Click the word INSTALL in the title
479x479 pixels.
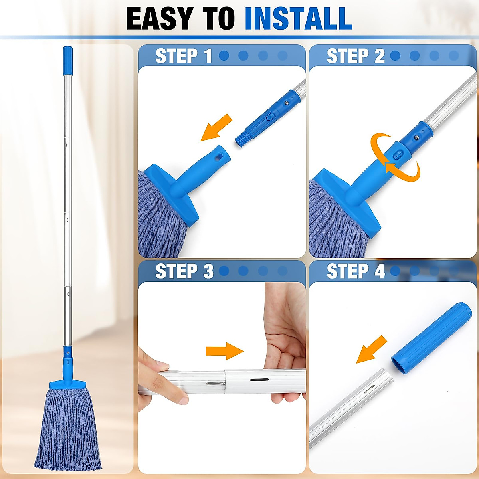click(x=298, y=18)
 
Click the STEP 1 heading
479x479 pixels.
click(x=183, y=56)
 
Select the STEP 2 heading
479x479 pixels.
click(x=355, y=56)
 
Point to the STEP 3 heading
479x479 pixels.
click(x=184, y=271)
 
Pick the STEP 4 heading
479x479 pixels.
click(x=355, y=271)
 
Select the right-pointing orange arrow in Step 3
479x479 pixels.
click(x=224, y=351)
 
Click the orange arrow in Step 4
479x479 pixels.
click(x=372, y=349)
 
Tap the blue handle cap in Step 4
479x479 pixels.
click(x=431, y=338)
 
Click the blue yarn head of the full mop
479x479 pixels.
click(x=68, y=427)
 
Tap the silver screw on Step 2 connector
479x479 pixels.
click(x=416, y=138)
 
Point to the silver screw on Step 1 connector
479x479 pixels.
click(x=286, y=103)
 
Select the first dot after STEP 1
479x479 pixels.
click(x=224, y=56)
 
